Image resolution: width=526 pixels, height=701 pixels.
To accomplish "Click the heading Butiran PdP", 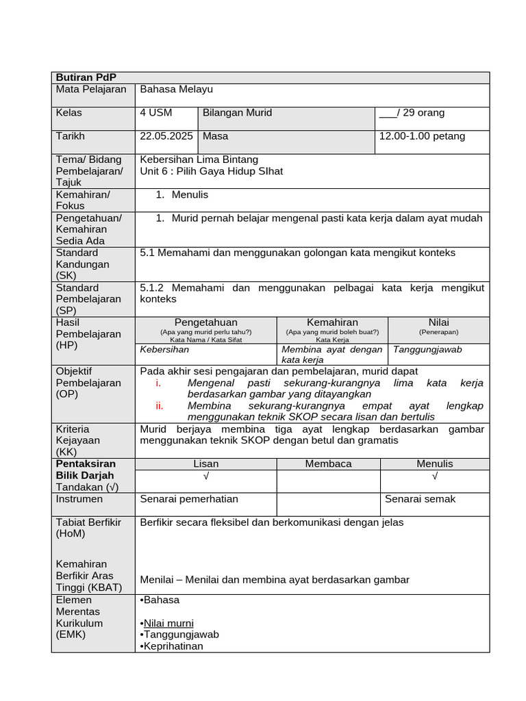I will (x=81, y=77).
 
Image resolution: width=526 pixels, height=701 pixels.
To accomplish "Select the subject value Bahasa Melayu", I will (x=176, y=89).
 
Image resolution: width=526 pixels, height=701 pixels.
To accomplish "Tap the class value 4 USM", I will (x=156, y=113).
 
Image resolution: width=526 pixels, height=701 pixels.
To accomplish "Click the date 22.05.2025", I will (x=166, y=136).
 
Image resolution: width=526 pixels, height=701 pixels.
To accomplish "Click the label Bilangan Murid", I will (x=237, y=113).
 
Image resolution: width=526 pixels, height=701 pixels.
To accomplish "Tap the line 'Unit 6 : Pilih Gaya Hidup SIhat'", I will (x=211, y=171).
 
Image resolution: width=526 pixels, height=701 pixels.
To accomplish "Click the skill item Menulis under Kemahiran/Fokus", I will (x=190, y=195).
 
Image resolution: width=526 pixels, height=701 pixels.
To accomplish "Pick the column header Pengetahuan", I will (x=205, y=322).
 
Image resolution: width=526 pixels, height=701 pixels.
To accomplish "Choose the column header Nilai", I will (x=438, y=322).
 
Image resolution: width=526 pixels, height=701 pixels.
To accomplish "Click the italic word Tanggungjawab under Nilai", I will (x=427, y=350).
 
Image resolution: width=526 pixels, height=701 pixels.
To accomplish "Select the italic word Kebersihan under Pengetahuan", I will (x=164, y=350).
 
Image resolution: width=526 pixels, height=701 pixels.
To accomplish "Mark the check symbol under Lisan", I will (x=205, y=476).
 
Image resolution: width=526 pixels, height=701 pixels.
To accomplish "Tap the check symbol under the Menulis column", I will (x=435, y=476).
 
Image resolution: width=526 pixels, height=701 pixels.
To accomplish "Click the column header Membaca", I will (x=328, y=464).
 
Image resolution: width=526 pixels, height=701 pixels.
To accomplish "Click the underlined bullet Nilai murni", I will (x=168, y=623).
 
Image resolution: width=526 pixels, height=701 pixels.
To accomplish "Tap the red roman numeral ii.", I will (x=159, y=406).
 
